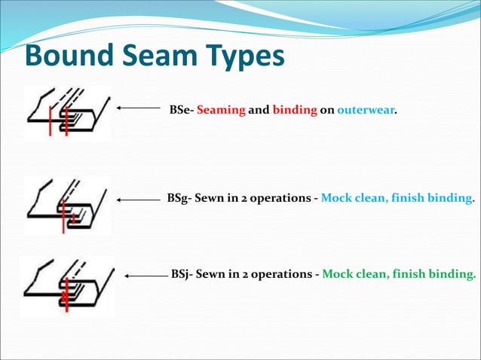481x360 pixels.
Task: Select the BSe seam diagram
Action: [67, 113]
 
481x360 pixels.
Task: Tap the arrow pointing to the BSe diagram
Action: [139, 108]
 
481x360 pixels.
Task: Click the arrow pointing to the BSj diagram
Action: [146, 276]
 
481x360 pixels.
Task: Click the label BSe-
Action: [182, 110]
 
